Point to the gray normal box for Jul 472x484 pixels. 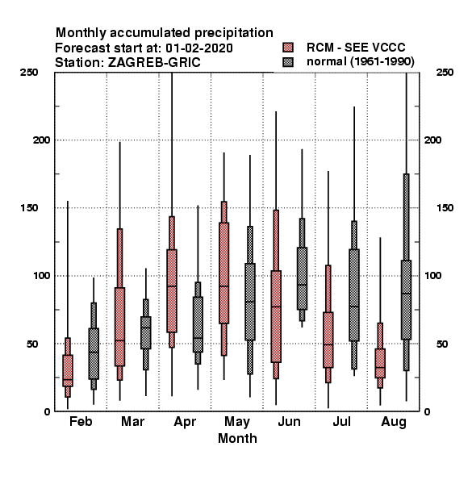[x=354, y=295]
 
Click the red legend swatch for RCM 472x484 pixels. [x=288, y=48]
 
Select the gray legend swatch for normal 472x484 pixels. [x=288, y=62]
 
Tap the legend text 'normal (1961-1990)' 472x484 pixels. [x=360, y=62]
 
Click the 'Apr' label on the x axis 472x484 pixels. [x=185, y=422]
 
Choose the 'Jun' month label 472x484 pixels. [x=289, y=421]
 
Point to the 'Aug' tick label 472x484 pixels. [x=394, y=422]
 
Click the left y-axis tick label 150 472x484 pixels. [x=29, y=208]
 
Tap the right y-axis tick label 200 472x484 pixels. [x=432, y=140]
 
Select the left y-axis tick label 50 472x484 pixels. [x=32, y=344]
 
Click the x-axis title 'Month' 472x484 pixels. [x=237, y=438]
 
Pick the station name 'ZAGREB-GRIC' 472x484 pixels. [x=154, y=63]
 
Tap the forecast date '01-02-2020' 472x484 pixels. [x=199, y=48]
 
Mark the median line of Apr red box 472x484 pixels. [x=172, y=286]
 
